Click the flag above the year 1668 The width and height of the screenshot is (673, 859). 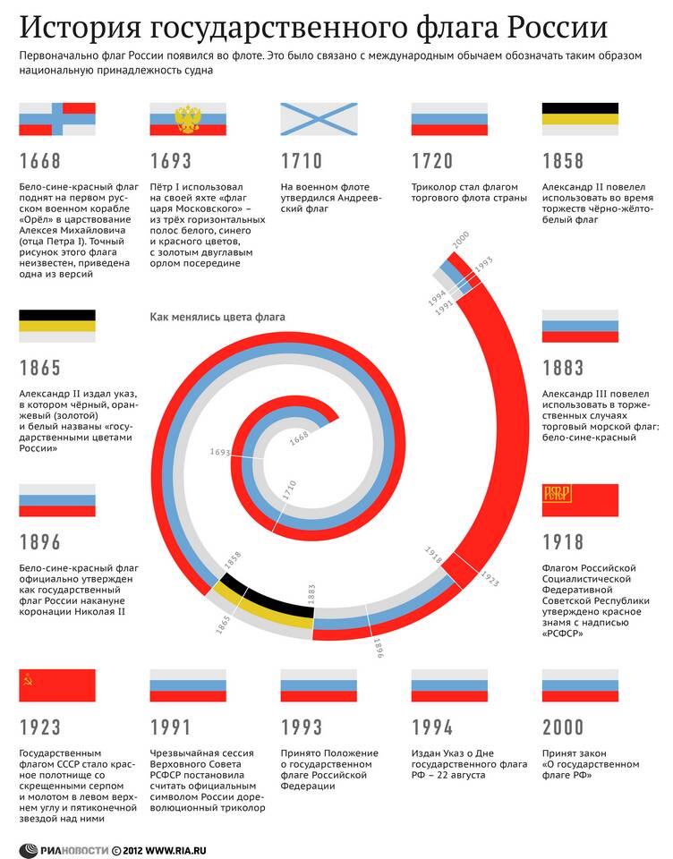(x=57, y=119)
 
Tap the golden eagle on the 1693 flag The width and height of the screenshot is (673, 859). (x=187, y=118)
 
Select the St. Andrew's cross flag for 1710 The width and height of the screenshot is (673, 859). (x=319, y=119)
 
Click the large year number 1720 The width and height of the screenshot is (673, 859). (x=434, y=162)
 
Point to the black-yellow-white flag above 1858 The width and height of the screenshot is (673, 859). (x=580, y=119)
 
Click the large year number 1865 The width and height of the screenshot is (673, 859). (x=40, y=368)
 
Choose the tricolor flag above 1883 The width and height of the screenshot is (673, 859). (x=580, y=326)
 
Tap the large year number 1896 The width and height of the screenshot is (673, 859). (x=40, y=542)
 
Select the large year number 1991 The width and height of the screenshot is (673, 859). (x=171, y=727)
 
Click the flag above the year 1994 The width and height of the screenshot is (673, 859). (x=449, y=685)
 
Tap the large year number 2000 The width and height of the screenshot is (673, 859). (x=564, y=727)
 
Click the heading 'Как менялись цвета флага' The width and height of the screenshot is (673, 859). (x=217, y=317)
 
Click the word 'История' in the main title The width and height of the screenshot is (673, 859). (x=79, y=29)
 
